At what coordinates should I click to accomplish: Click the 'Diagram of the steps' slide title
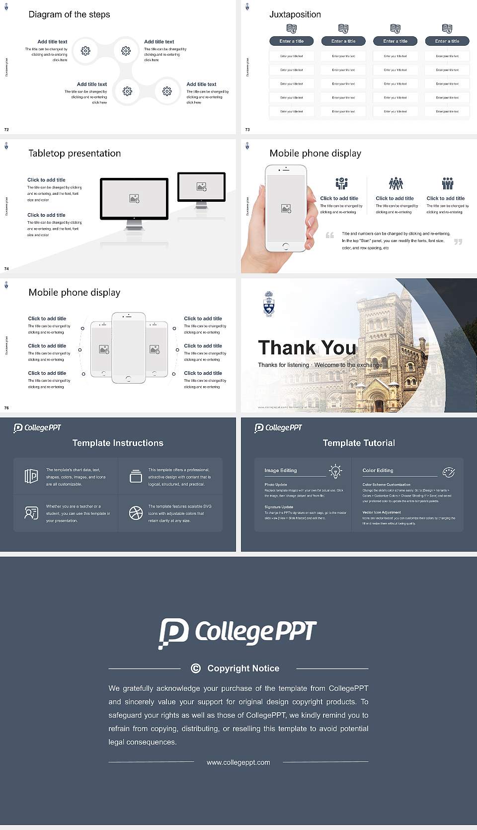(69, 14)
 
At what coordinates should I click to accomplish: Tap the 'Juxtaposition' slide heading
(295, 14)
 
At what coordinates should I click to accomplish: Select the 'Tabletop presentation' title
(75, 153)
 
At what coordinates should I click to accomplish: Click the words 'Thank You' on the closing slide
(307, 348)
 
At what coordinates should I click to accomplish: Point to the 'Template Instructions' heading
(118, 443)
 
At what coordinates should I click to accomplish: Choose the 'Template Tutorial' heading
(359, 443)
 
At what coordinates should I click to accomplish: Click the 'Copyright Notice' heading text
(243, 668)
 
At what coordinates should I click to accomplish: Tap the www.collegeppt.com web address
(238, 762)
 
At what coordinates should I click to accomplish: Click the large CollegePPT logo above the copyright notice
(238, 633)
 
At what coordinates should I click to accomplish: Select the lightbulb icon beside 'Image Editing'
(336, 471)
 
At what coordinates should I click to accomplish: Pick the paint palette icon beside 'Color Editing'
(449, 472)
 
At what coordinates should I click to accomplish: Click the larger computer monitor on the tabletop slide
(134, 199)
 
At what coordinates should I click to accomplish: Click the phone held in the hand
(286, 208)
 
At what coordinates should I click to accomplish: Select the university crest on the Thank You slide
(268, 304)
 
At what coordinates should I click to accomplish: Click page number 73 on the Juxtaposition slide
(247, 130)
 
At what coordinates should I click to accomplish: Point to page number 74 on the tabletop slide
(6, 269)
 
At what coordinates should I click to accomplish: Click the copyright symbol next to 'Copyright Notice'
(196, 668)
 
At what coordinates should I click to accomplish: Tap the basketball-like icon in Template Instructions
(136, 513)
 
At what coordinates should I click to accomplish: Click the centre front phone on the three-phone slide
(128, 348)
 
